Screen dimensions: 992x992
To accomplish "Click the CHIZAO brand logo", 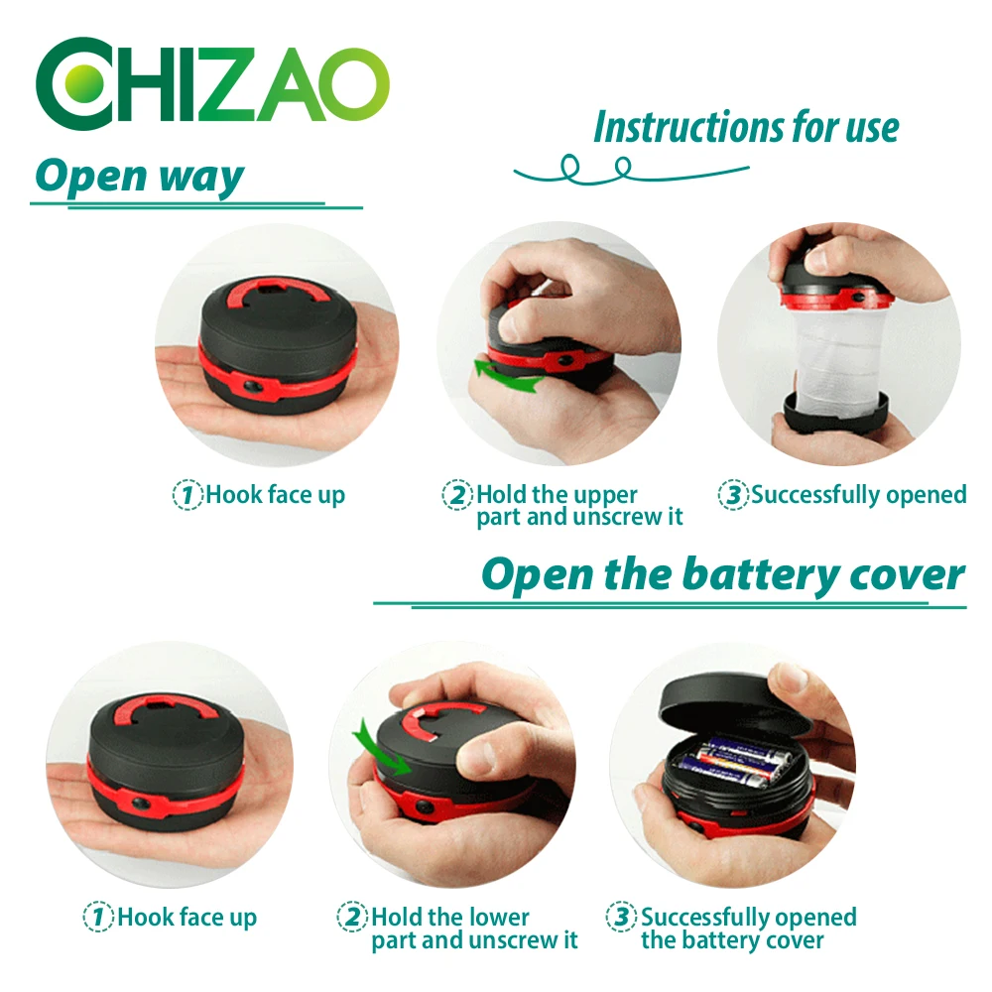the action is point(212,83).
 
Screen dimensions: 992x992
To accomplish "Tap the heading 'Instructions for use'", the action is point(747,127).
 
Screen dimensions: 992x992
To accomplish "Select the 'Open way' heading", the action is point(139,177).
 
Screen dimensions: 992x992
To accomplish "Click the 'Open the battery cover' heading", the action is point(723,575).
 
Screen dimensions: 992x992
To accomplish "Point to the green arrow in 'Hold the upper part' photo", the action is point(508,374).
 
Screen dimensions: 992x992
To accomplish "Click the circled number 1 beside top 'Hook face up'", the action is point(187,494).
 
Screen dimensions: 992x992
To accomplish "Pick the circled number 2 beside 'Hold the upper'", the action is point(457,494).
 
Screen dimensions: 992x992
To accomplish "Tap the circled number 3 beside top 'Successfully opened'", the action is point(733,494).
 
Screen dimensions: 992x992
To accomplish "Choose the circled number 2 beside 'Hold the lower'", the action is point(352,917).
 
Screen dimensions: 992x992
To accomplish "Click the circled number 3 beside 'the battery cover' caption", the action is point(621,916).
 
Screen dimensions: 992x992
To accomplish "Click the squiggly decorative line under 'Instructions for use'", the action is point(631,171).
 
